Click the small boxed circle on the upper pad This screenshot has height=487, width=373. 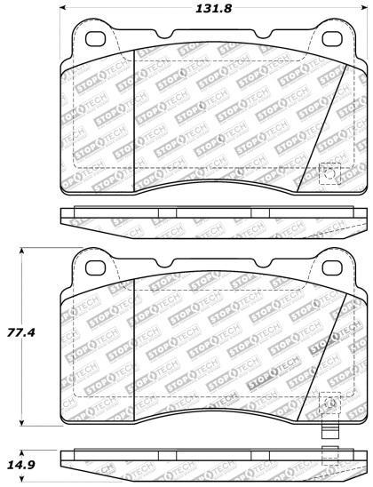pyautogui.click(x=329, y=173)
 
